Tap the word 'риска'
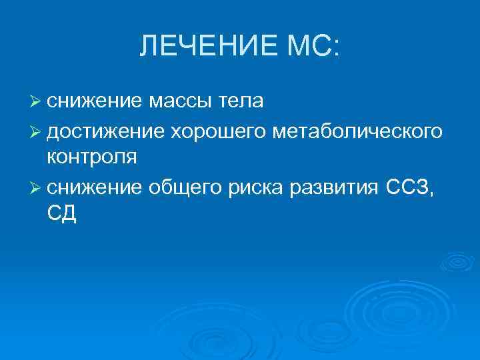tap(254, 188)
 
